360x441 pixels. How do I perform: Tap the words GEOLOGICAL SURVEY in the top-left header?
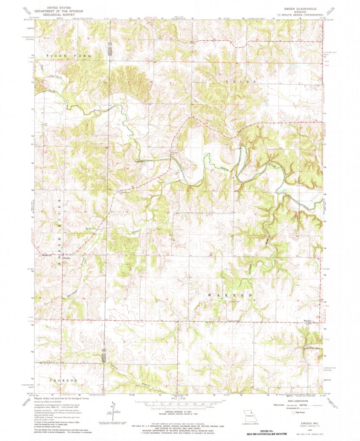point(55,14)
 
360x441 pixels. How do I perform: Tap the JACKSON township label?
point(64,380)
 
